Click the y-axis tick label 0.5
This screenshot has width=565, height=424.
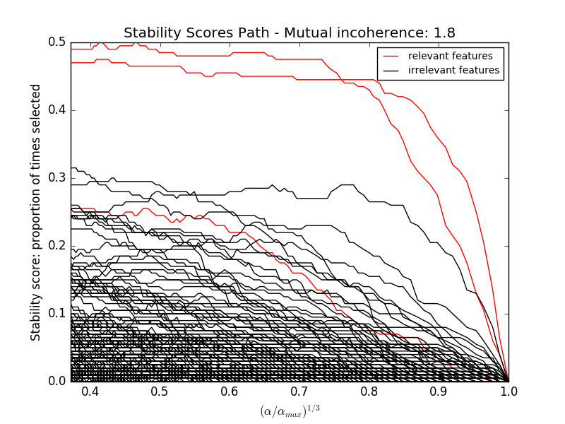click(57, 42)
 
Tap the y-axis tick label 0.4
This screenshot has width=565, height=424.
click(57, 110)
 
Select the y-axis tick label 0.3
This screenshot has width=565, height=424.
click(57, 177)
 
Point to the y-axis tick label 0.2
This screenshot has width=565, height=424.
click(57, 245)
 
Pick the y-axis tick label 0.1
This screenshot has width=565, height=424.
click(57, 313)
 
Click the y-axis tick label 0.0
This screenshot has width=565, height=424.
click(57, 381)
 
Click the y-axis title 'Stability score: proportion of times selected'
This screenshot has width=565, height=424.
click(36, 211)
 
